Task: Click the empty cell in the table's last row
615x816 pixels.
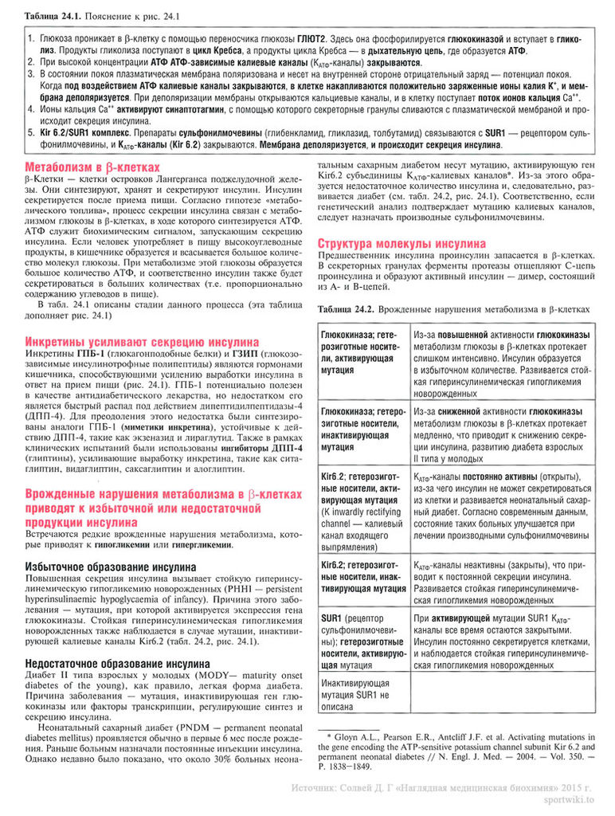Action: point(503,694)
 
